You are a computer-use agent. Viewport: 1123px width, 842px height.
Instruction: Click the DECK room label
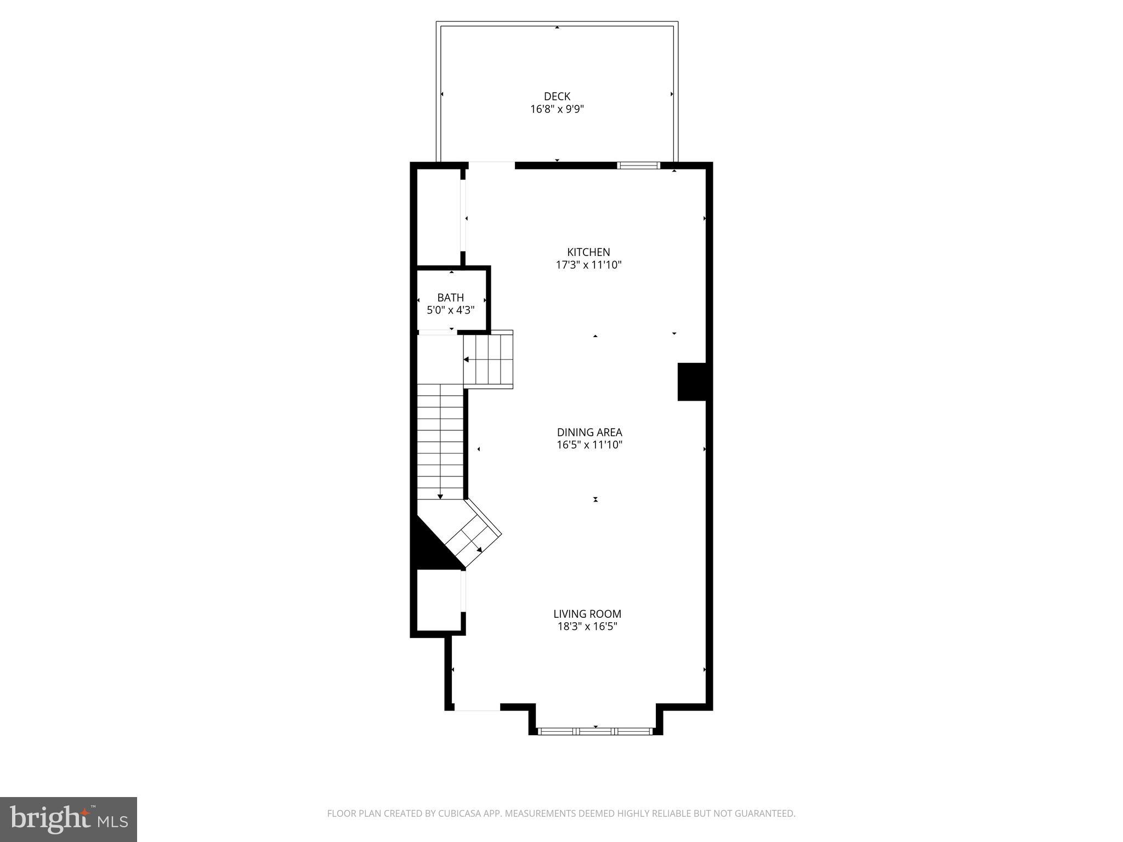557,96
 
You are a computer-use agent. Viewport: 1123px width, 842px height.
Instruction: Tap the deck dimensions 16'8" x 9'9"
557,109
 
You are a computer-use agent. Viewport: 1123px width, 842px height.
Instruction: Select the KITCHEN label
588,252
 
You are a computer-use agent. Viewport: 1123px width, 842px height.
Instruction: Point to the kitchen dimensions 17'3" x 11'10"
588,265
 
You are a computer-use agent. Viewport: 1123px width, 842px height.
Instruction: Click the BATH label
450,298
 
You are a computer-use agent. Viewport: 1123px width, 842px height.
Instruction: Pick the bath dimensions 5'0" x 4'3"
450,310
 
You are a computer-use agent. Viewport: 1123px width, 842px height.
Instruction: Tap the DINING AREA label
589,433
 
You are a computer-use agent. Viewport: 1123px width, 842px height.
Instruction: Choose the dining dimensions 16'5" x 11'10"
589,445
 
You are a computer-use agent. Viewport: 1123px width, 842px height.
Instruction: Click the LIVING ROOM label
587,614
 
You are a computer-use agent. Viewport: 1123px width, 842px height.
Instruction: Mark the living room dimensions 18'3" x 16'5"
587,627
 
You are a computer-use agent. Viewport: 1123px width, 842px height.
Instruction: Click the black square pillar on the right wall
692,382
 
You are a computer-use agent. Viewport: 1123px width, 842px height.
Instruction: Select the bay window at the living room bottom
595,731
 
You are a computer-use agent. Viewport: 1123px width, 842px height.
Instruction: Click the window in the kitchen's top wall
638,165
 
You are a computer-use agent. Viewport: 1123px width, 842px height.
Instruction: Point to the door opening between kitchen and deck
491,165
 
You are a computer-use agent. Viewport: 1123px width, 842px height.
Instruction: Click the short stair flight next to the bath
488,360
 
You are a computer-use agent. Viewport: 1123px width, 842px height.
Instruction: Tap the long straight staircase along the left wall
440,441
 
